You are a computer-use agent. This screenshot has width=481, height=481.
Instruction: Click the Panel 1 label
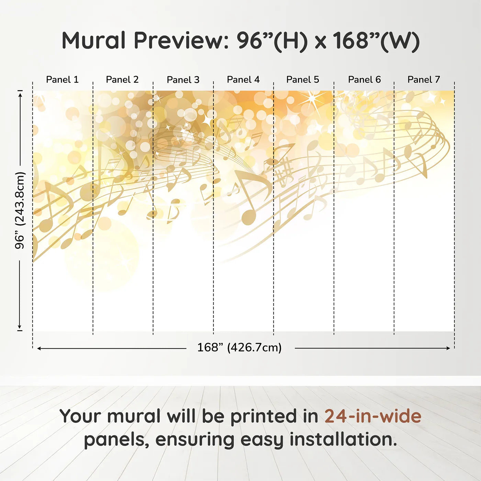pyautogui.click(x=62, y=80)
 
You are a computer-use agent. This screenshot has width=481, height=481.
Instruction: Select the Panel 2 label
pyautogui.click(x=122, y=80)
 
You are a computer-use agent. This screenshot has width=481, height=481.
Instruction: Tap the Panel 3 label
pyautogui.click(x=183, y=80)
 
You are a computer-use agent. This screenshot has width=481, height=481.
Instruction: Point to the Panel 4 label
pyautogui.click(x=243, y=80)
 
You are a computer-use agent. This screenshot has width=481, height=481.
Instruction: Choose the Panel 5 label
pyautogui.click(x=302, y=80)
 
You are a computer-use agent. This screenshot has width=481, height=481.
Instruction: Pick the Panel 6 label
pyautogui.click(x=364, y=80)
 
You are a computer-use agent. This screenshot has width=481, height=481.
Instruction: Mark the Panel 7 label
pyautogui.click(x=423, y=80)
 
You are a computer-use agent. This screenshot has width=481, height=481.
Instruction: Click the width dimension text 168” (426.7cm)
pyautogui.click(x=239, y=348)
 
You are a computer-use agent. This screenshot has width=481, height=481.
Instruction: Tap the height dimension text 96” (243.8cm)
pyautogui.click(x=20, y=210)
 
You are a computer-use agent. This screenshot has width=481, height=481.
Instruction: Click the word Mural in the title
pyautogui.click(x=93, y=41)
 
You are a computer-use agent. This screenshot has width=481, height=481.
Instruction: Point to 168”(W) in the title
pyautogui.click(x=376, y=41)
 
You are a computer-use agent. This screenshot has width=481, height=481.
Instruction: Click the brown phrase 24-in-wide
pyautogui.click(x=373, y=416)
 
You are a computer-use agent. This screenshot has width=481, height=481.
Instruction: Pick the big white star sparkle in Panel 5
pyautogui.click(x=312, y=98)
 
